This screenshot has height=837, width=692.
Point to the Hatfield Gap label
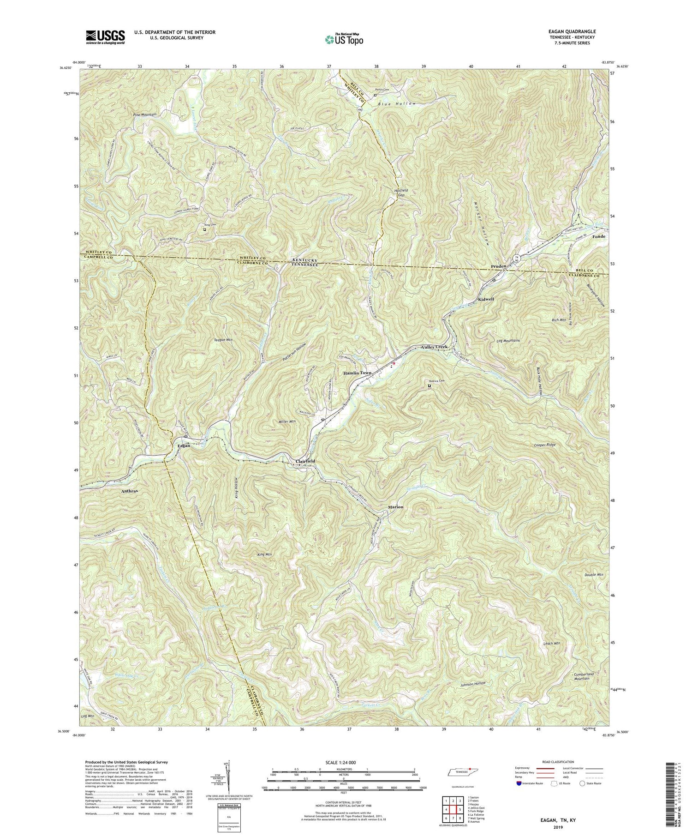(x=400, y=193)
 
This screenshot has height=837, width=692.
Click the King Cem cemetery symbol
(x=205, y=229)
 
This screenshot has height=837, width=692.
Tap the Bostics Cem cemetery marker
(x=429, y=386)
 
